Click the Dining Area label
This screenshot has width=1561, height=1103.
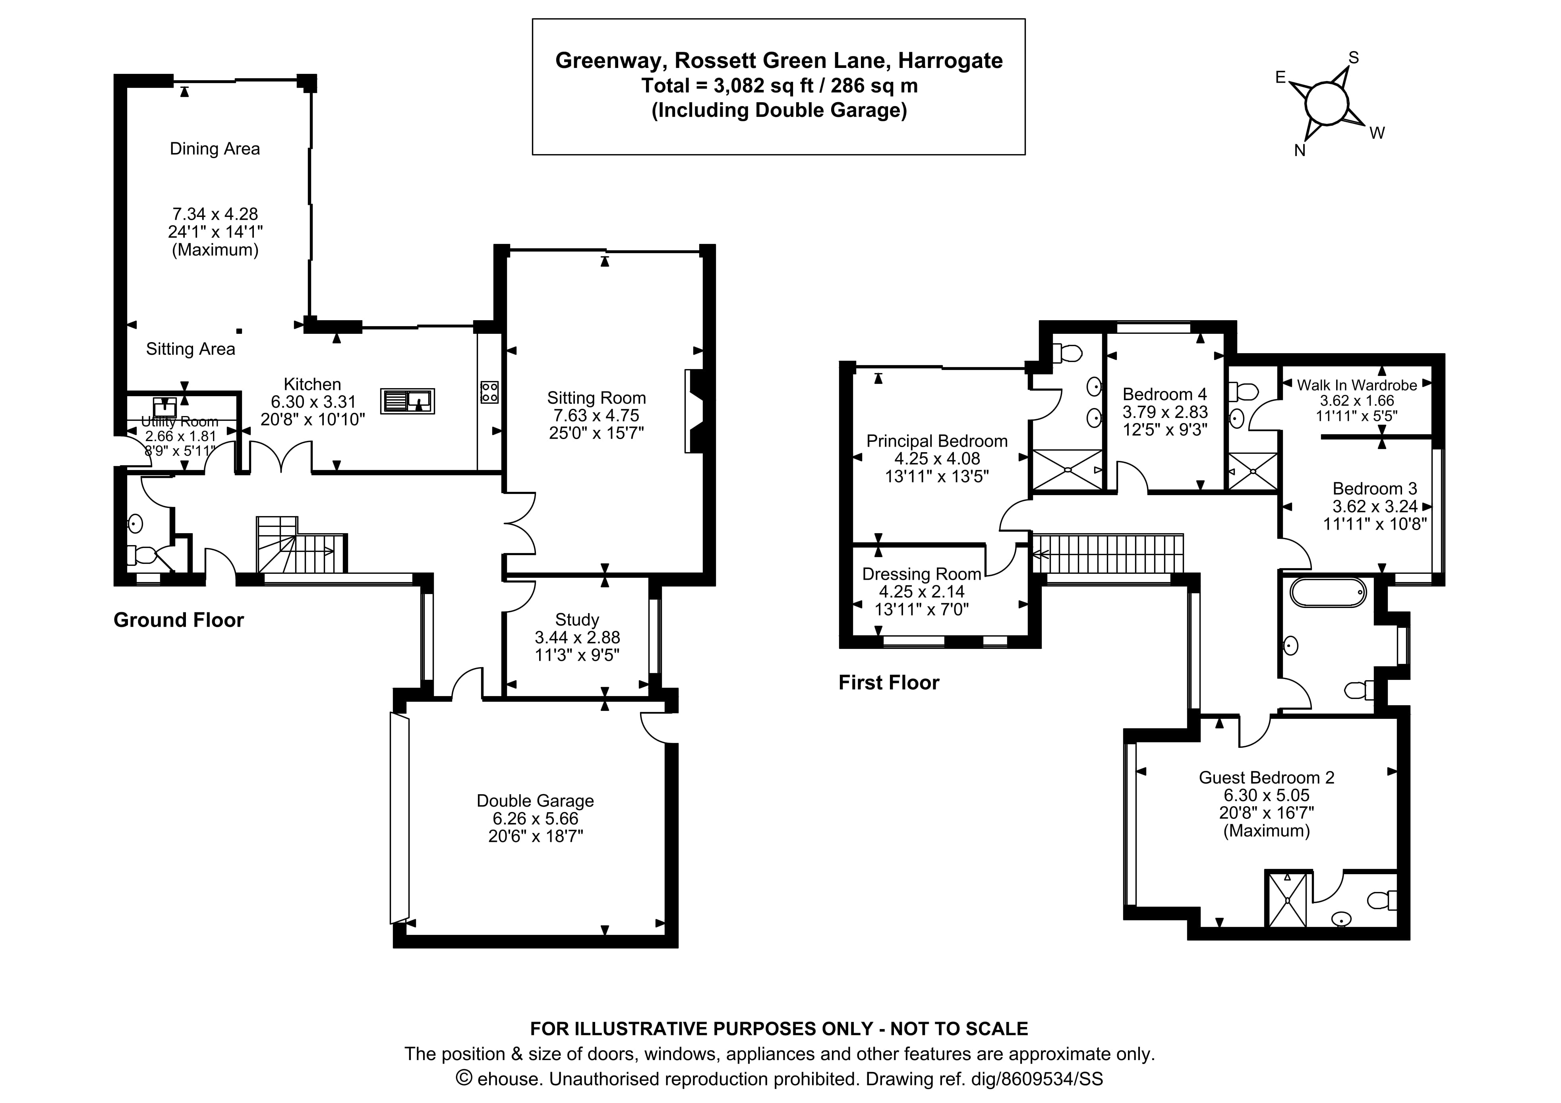click(215, 149)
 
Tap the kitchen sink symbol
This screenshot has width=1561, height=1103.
click(407, 401)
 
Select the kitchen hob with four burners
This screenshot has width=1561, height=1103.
click(489, 392)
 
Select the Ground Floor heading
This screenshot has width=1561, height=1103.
click(178, 620)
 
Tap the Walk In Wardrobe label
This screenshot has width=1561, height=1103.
click(1356, 385)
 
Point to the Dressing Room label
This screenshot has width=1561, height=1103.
click(921, 574)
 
